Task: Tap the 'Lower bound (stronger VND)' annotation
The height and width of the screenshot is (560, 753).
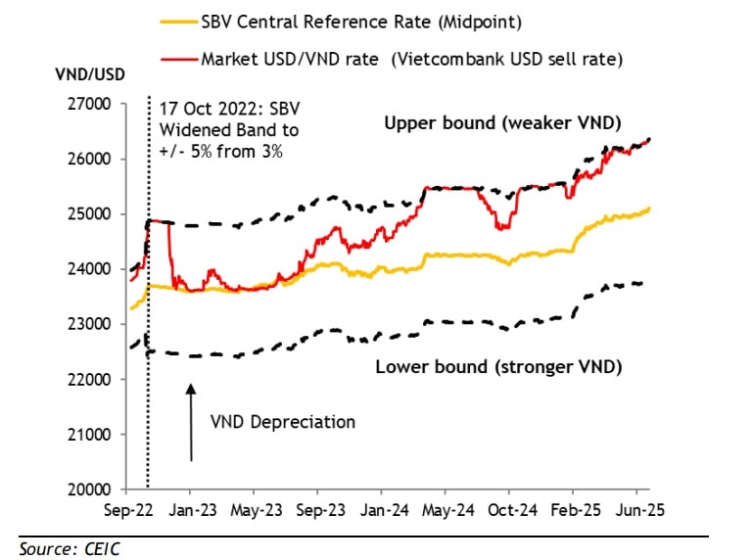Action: click(x=498, y=367)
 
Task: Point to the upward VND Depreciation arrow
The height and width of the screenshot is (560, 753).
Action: click(x=191, y=421)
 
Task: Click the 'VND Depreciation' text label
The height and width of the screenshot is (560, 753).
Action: click(x=282, y=422)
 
